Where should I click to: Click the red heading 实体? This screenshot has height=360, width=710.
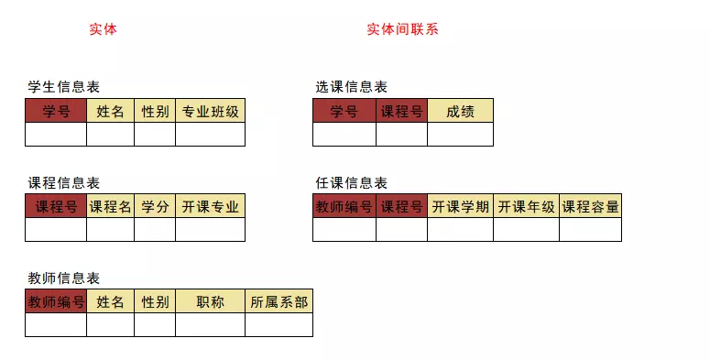tap(103, 29)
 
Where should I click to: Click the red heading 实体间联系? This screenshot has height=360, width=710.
tap(402, 29)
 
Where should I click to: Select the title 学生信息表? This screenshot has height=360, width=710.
tap(63, 87)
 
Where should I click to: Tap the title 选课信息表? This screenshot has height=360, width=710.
tap(351, 87)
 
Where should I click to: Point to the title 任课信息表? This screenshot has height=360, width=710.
tap(351, 183)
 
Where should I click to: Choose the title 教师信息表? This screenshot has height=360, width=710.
tap(63, 278)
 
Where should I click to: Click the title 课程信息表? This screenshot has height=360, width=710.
tap(63, 183)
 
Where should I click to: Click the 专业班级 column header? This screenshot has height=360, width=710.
tap(210, 112)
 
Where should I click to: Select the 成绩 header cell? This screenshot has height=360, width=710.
tap(460, 112)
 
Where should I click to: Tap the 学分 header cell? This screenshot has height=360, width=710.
tap(155, 207)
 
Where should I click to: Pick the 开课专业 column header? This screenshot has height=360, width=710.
tap(210, 207)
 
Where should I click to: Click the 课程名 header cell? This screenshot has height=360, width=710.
tap(110, 207)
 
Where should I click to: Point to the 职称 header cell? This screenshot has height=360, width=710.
tap(210, 302)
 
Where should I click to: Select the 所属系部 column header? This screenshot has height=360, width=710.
tap(279, 302)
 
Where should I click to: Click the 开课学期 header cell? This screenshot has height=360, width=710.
tap(460, 207)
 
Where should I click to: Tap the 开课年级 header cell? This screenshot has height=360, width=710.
tap(526, 207)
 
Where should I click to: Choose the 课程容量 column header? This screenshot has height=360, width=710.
tap(590, 207)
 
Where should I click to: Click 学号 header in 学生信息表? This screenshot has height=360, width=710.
tap(56, 112)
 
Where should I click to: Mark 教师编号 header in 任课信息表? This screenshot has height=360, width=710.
tap(344, 207)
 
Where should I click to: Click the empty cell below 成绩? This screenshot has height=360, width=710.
tap(460, 135)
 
